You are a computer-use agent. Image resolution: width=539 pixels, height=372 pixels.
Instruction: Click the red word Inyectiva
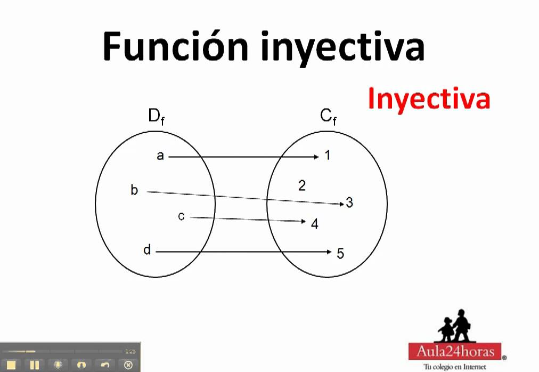[428, 99]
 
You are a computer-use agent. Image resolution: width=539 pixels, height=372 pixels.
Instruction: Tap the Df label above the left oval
[157, 117]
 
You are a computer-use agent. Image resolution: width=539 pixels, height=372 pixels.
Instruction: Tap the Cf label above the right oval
[328, 117]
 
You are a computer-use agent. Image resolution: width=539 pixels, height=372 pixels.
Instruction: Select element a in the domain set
[160, 156]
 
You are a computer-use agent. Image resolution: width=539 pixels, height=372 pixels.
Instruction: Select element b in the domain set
[134, 190]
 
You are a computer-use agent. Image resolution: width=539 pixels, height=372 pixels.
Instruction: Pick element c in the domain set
[181, 216]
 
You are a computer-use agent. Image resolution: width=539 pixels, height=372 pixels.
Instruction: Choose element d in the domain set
[148, 250]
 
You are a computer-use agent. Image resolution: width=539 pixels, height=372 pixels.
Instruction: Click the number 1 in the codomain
[328, 156]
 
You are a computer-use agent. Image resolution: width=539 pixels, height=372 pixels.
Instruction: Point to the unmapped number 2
[302, 185]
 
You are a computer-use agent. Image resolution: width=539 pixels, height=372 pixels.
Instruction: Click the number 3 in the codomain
[349, 203]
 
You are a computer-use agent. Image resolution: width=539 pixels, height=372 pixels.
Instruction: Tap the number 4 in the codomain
[315, 224]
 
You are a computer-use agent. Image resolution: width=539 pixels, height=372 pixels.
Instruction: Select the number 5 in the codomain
[340, 254]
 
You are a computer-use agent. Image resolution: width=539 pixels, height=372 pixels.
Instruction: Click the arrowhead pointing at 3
[342, 204]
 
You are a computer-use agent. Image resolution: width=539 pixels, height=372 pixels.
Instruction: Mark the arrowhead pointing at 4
[304, 221]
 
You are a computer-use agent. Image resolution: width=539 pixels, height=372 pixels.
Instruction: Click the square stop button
[11, 365]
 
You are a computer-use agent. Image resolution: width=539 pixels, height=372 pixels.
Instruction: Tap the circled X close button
[128, 365]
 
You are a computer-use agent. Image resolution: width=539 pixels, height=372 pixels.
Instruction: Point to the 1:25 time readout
[130, 351]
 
